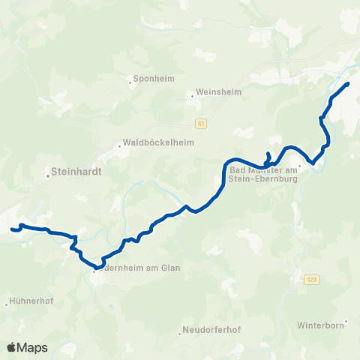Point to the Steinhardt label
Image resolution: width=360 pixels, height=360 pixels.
[x=78, y=171]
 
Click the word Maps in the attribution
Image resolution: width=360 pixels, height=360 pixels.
[x=33, y=347]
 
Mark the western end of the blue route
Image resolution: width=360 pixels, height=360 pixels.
[x=12, y=229]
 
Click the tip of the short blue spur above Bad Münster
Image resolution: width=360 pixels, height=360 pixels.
[x=268, y=153]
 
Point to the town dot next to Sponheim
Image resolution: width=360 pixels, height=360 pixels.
[x=130, y=82]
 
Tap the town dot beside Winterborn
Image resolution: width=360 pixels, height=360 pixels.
[x=346, y=321]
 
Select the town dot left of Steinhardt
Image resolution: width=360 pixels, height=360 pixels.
[x=47, y=176]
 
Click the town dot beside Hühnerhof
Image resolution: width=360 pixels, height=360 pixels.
[x=7, y=304]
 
